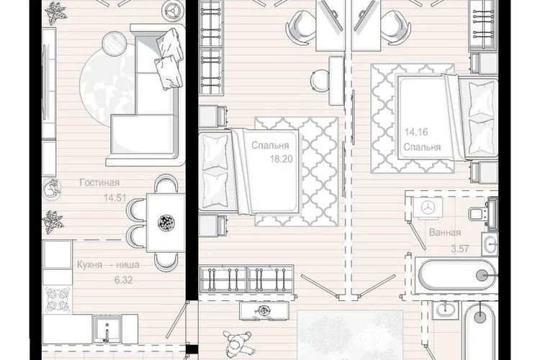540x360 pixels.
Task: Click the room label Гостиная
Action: click(x=99, y=182)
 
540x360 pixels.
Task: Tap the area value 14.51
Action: click(x=115, y=198)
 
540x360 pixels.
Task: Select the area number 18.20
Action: click(x=281, y=159)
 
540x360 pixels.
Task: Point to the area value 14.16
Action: click(x=416, y=132)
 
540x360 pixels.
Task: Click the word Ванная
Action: click(x=445, y=233)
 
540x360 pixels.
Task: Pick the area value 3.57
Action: click(x=460, y=248)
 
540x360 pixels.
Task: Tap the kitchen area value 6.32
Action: click(x=123, y=280)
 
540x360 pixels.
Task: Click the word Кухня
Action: click(x=89, y=264)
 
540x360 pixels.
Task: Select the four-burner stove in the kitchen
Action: click(x=58, y=300)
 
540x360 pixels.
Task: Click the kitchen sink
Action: click(x=107, y=329)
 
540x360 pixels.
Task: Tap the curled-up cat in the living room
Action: click(x=53, y=189)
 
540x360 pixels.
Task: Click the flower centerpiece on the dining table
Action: click(x=166, y=222)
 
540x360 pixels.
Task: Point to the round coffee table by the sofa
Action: click(x=114, y=43)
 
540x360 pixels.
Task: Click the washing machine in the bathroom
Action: click(x=428, y=208)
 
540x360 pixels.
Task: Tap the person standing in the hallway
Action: click(x=237, y=344)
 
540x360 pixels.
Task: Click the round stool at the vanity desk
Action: click(x=320, y=81)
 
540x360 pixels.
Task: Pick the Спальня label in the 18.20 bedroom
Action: click(x=270, y=145)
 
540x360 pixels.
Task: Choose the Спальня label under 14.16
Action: click(x=422, y=148)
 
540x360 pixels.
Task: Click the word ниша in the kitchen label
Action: click(x=127, y=265)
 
